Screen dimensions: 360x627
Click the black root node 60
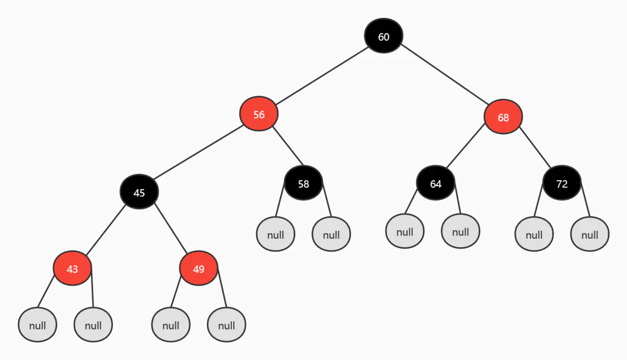[x=384, y=36]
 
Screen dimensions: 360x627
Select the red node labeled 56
[x=259, y=114]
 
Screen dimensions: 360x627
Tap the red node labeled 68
[x=503, y=117]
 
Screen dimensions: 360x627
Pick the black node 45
[x=139, y=192]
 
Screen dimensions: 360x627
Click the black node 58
[x=303, y=183]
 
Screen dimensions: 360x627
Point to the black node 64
[x=435, y=183]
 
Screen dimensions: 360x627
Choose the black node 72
[x=562, y=183]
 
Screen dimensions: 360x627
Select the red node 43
[x=72, y=269]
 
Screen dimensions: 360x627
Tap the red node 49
[x=198, y=269]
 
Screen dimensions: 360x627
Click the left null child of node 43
[x=37, y=325]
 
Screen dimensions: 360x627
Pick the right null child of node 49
[x=226, y=325]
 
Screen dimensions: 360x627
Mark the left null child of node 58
[x=275, y=234]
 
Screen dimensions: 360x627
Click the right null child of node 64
[x=460, y=231]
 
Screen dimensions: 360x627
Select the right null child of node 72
[x=589, y=234]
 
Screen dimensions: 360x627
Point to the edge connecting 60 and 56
[x=321, y=75]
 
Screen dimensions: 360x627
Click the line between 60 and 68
[x=444, y=76]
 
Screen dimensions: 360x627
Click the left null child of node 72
[x=533, y=234]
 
